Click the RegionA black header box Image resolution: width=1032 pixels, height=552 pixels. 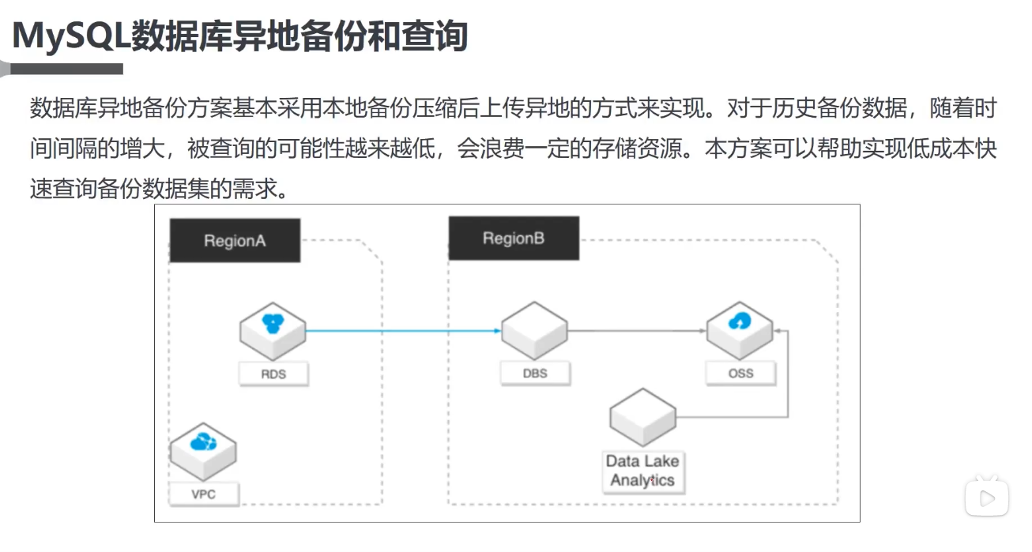235,241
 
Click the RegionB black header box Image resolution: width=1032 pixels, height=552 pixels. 514,238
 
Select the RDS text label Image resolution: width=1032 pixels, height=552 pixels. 273,374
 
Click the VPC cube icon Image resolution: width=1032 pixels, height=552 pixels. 204,451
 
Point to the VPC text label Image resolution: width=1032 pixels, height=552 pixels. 203,495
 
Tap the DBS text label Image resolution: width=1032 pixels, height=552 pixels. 535,373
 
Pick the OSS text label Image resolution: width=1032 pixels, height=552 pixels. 740,373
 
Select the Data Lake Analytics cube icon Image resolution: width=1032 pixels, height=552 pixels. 643,417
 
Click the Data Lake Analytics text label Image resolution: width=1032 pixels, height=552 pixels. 642,471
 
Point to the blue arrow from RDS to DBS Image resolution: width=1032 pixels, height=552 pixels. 403,331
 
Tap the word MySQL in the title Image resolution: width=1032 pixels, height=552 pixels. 70,36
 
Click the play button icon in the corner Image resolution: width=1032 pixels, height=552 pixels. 986,498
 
